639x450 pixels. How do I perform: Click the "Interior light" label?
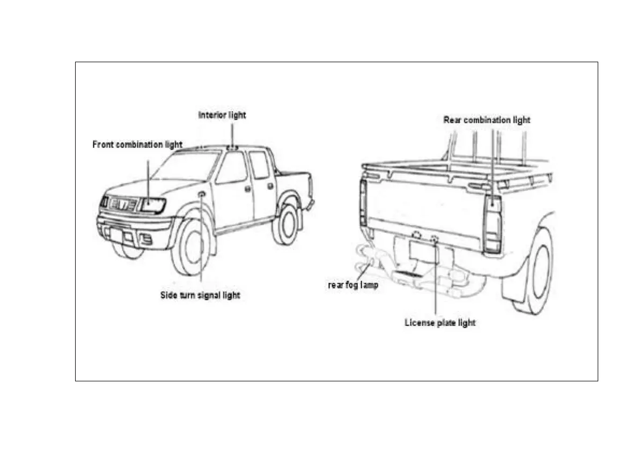(222, 115)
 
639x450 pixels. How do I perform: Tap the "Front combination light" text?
(137, 145)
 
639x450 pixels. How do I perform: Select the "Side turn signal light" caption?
(200, 296)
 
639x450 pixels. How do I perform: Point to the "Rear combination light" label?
(487, 120)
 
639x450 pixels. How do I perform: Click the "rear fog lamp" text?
(353, 285)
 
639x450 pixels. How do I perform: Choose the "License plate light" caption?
(440, 323)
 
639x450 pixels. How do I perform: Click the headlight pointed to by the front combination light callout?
(152, 205)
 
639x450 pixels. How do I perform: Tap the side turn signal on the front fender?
(202, 194)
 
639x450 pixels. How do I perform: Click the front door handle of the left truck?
(247, 189)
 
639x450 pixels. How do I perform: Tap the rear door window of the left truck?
(259, 166)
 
